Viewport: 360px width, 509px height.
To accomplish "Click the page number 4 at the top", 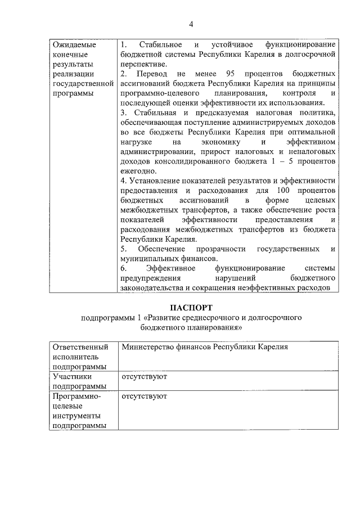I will [191, 24].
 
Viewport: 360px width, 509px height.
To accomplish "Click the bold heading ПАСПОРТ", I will [191, 308].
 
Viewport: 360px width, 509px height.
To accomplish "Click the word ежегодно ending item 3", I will [137, 171].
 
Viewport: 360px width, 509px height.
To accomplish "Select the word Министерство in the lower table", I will [147, 347].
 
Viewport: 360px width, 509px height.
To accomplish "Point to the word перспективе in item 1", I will [143, 64].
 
